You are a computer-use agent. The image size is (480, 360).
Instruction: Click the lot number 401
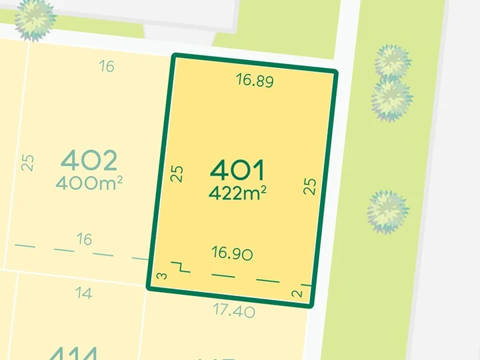(238, 171)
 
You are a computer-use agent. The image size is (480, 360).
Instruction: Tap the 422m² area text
(238, 193)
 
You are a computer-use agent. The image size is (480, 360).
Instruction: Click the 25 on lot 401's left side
(177, 174)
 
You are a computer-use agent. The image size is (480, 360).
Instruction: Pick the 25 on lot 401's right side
(309, 185)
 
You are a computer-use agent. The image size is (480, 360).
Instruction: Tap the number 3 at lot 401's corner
(161, 276)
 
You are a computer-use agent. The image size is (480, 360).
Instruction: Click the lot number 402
(89, 160)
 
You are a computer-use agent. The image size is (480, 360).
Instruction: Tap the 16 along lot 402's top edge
(107, 66)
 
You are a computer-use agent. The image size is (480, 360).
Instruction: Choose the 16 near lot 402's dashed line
(84, 239)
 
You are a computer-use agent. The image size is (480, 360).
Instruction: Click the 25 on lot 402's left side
(27, 162)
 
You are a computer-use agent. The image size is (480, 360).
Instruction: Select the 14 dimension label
(84, 293)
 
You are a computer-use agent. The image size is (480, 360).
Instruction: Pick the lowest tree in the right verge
(387, 212)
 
